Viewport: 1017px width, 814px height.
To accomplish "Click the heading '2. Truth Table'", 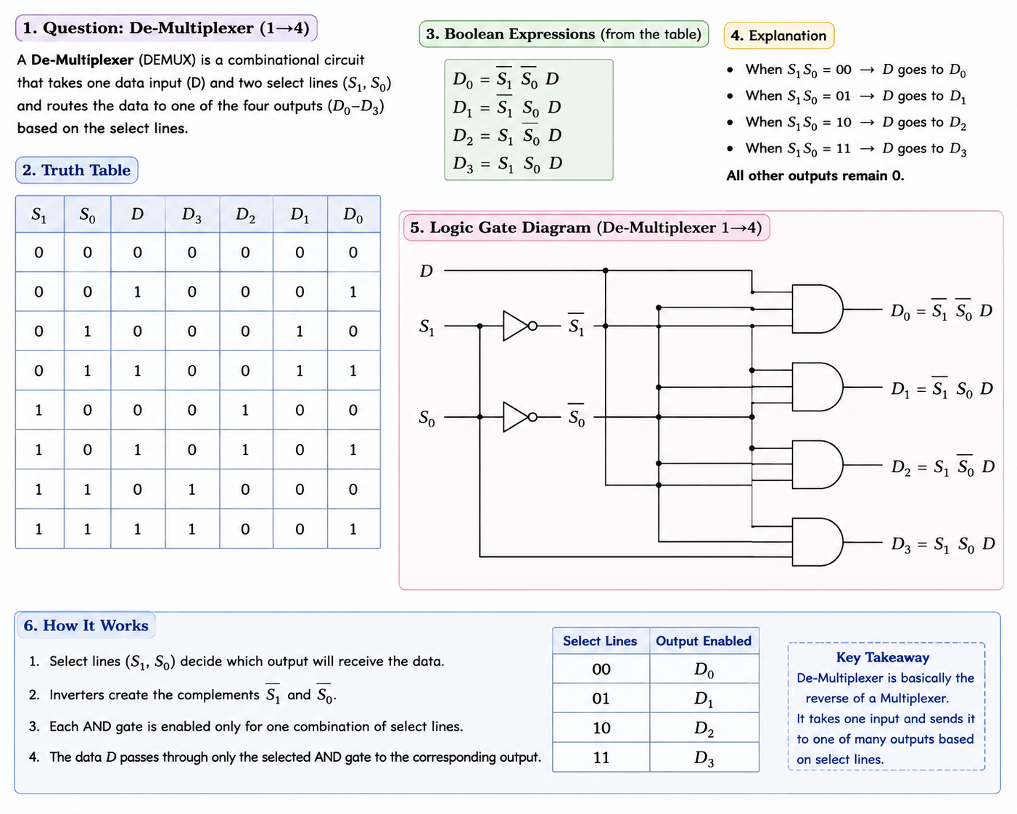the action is [x=77, y=170].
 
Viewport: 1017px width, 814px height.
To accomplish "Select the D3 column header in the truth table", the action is [x=192, y=215].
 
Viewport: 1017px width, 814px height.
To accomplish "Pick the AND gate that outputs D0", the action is [x=817, y=308].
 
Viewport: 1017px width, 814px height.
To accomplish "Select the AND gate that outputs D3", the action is [x=817, y=542].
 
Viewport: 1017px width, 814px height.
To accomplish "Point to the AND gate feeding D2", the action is [x=817, y=464].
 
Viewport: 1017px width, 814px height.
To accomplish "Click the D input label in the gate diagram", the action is [x=427, y=271].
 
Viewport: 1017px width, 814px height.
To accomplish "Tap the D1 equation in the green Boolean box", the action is [x=506, y=107].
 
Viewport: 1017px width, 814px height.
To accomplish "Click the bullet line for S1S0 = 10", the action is [x=847, y=123].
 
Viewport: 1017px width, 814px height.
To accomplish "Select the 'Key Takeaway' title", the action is [x=883, y=657].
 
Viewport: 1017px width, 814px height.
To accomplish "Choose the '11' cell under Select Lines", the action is [x=601, y=757].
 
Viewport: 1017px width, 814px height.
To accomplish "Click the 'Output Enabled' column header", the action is [x=704, y=641].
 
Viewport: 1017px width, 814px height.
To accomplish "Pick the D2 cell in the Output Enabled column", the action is [x=704, y=728].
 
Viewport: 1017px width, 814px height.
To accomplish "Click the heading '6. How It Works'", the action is [x=86, y=625].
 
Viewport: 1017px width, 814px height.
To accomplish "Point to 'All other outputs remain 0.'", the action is [x=815, y=176].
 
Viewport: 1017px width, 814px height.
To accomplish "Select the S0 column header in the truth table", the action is [x=88, y=215].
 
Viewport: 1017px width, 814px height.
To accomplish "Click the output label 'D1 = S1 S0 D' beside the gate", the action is [x=942, y=388].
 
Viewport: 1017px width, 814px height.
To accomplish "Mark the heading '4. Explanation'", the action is [x=779, y=36].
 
